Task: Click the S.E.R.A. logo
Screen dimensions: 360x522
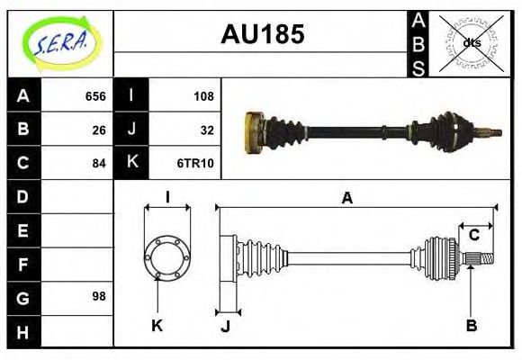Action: [x=59, y=42]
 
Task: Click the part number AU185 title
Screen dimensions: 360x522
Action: [x=262, y=35]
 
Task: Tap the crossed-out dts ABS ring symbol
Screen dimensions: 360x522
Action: [x=471, y=41]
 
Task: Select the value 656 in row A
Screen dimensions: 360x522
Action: [x=95, y=96]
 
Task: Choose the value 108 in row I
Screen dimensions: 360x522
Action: [x=202, y=96]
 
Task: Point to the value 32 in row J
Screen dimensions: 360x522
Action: [x=206, y=130]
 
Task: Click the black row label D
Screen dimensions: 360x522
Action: [x=22, y=196]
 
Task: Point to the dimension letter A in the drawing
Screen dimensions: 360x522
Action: [x=346, y=199]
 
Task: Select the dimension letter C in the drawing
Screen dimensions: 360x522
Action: [x=473, y=236]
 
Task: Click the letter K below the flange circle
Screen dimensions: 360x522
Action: [x=157, y=325]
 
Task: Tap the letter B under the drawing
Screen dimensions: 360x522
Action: [x=471, y=325]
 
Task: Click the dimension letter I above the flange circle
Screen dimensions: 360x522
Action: [x=167, y=197]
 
